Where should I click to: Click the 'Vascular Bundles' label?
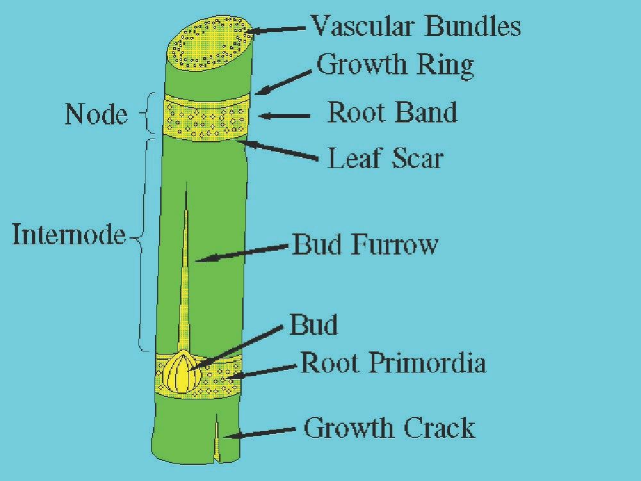point(415,26)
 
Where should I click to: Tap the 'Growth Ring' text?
point(395,65)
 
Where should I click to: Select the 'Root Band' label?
point(392,112)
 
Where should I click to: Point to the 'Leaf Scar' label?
point(385,158)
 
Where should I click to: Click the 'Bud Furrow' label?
point(365,244)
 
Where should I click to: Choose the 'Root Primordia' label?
point(394,364)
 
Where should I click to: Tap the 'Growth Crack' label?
point(389,428)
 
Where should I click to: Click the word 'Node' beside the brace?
point(96,115)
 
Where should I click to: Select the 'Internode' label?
point(68,235)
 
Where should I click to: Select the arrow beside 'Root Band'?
point(283,116)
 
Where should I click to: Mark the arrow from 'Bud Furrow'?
point(240,252)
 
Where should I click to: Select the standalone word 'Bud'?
point(313,325)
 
